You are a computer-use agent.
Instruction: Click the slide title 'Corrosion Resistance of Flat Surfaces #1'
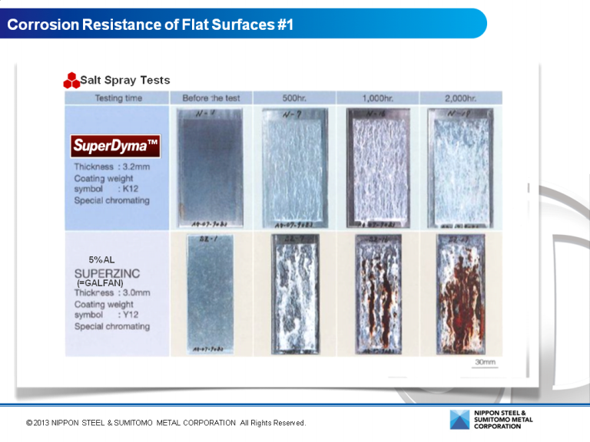(x=151, y=25)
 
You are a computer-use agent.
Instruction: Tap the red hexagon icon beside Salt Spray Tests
(x=71, y=81)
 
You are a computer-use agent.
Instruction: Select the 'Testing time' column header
(x=118, y=98)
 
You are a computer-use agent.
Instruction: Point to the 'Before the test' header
(x=211, y=98)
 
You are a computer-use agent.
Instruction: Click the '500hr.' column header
(x=294, y=98)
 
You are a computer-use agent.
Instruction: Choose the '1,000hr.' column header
(x=377, y=98)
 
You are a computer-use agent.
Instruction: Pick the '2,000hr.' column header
(x=460, y=98)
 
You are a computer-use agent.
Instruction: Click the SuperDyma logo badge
(x=115, y=145)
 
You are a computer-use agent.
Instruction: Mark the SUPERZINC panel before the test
(x=210, y=294)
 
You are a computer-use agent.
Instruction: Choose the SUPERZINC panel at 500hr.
(x=294, y=294)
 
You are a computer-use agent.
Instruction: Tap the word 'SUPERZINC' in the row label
(x=107, y=273)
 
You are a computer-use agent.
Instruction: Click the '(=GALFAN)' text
(x=100, y=283)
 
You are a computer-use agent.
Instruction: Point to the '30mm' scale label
(x=484, y=361)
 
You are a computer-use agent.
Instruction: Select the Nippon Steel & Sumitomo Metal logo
(x=491, y=420)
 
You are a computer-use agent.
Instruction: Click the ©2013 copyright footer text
(x=166, y=423)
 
